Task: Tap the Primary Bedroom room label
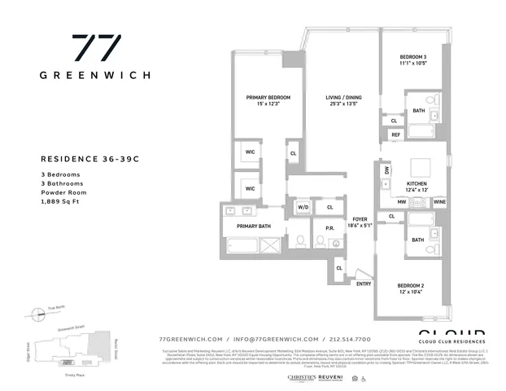pyautogui.click(x=268, y=97)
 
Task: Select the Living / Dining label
pyautogui.click(x=344, y=97)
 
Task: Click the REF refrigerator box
pyautogui.click(x=396, y=134)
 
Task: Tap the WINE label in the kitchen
pyautogui.click(x=439, y=200)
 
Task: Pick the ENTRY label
pyautogui.click(x=363, y=283)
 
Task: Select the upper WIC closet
pyautogui.click(x=251, y=152)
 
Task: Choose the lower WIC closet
pyautogui.click(x=251, y=187)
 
